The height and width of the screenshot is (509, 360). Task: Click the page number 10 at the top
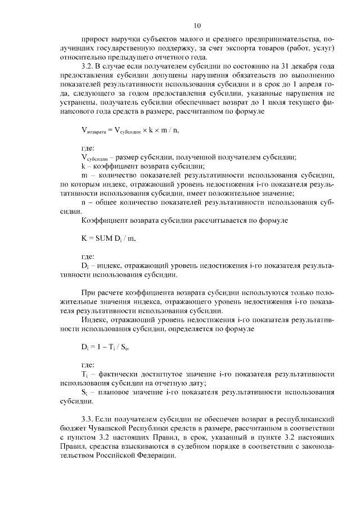(197, 25)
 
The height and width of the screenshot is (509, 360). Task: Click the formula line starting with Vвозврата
(133, 130)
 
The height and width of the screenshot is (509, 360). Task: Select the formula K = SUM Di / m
(108, 238)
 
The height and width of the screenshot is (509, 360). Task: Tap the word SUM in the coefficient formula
(105, 238)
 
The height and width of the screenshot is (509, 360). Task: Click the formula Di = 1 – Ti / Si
(106, 346)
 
